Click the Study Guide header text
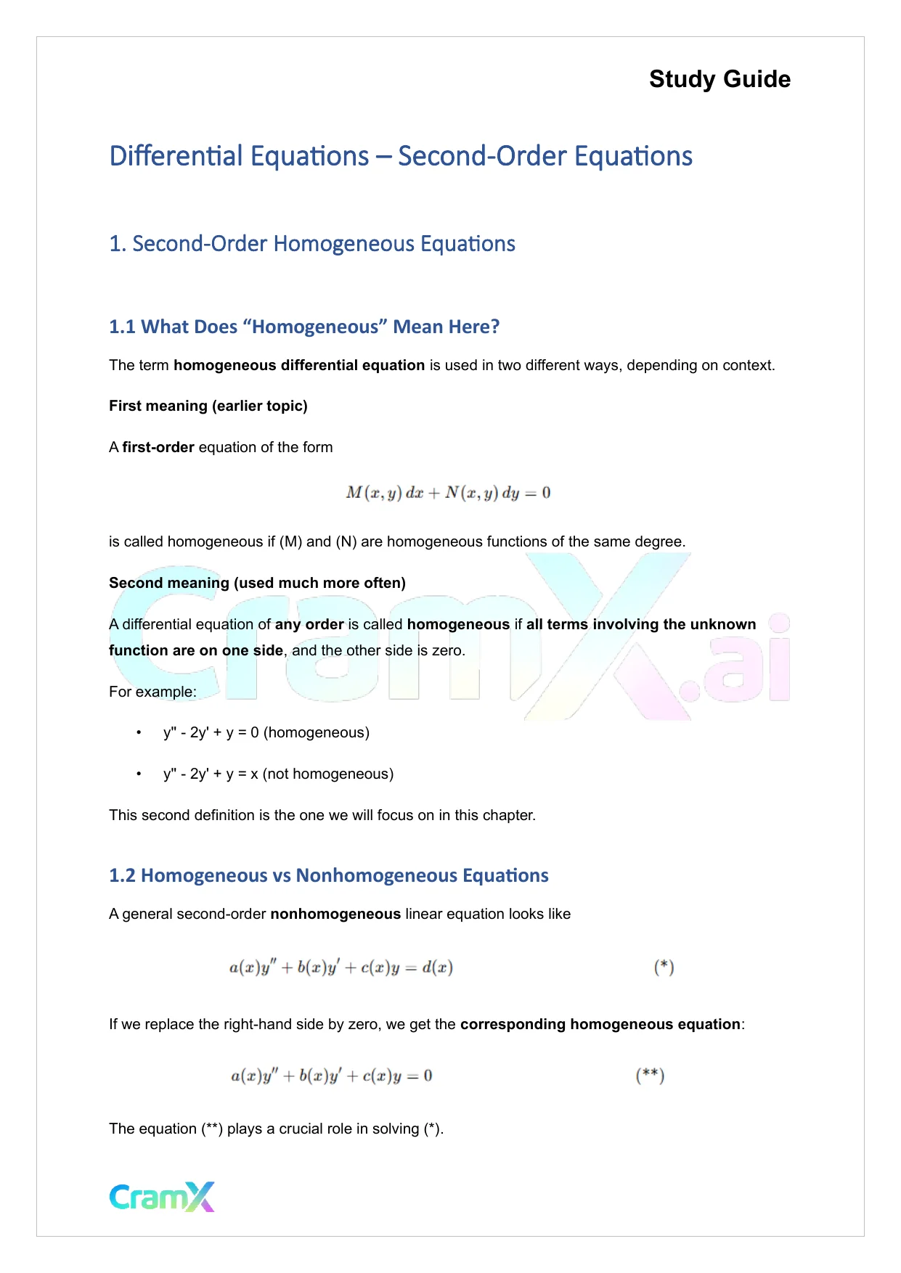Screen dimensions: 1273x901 pos(719,79)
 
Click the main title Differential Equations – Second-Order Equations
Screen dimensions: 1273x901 pos(401,156)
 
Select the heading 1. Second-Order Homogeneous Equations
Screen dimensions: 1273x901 pos(312,244)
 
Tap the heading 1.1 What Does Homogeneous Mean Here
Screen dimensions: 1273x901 pos(304,327)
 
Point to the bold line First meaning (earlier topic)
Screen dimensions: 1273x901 pos(208,406)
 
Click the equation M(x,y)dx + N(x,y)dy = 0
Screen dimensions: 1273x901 pos(448,493)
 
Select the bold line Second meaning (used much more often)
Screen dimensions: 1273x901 pos(257,583)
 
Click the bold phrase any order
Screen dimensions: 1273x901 pos(309,624)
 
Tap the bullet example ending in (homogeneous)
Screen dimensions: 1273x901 pos(266,732)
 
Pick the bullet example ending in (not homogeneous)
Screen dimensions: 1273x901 pos(278,774)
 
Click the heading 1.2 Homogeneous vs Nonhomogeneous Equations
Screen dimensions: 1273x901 pos(328,875)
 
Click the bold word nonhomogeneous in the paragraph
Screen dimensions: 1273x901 pos(335,914)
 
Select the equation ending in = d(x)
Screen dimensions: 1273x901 pos(341,967)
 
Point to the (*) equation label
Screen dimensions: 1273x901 pos(664,967)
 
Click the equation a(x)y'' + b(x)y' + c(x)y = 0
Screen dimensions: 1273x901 pos(331,1076)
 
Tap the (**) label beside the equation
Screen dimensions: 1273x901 pos(650,1075)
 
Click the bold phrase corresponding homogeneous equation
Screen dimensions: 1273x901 pos(600,1024)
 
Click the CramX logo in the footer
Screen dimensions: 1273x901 pos(162,1197)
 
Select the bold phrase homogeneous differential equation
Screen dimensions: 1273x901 pos(299,365)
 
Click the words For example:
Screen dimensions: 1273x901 pos(152,692)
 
